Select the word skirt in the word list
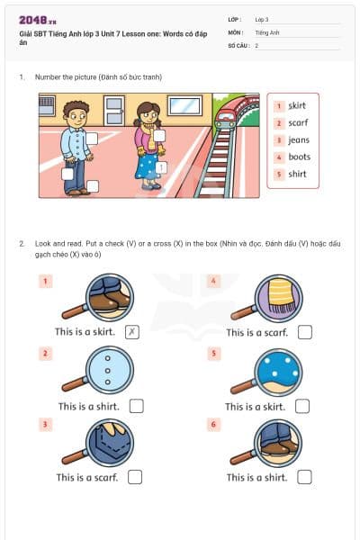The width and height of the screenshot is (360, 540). [297, 105]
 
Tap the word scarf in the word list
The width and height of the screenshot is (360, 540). [297, 122]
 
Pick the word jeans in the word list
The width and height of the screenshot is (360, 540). [299, 139]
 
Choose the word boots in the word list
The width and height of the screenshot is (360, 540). [299, 157]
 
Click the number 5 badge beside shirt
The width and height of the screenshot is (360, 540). [279, 174]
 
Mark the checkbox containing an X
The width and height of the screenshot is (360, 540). [132, 332]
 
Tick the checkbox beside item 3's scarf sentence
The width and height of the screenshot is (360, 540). [135, 477]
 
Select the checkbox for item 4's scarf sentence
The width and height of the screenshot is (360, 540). [304, 332]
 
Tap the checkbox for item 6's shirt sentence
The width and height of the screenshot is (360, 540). [304, 477]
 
